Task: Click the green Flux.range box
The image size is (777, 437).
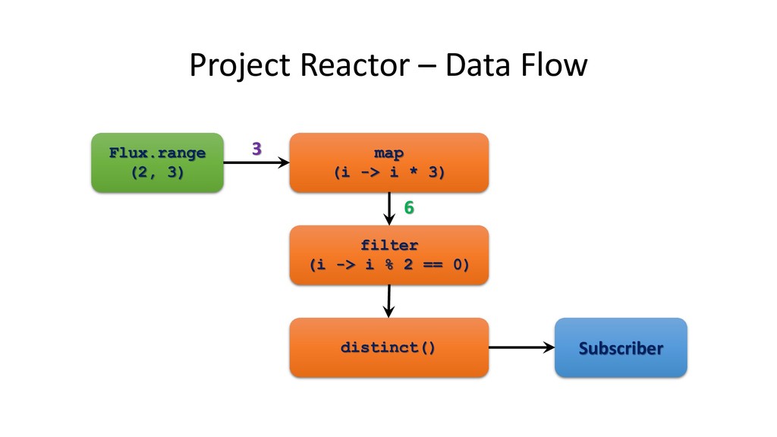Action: (158, 162)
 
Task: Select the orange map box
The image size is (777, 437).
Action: (389, 162)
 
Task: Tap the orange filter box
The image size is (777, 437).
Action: (389, 255)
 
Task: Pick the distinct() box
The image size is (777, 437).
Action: (389, 347)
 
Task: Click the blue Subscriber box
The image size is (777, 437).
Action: (621, 347)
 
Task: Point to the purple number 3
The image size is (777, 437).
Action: (256, 149)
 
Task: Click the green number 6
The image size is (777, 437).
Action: (409, 208)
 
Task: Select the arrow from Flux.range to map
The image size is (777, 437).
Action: (256, 162)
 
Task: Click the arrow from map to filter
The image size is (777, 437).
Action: (389, 209)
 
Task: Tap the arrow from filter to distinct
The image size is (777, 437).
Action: (389, 301)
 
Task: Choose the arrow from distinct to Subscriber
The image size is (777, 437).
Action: (522, 347)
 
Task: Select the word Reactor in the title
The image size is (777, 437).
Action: (355, 65)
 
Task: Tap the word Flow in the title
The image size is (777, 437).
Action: (555, 65)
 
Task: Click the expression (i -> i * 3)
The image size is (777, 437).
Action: (389, 172)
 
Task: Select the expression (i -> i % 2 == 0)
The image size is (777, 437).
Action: (389, 265)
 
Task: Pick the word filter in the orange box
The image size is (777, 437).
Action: (389, 245)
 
